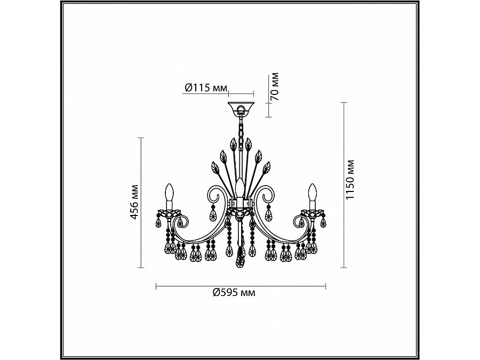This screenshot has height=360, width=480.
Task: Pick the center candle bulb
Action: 240,188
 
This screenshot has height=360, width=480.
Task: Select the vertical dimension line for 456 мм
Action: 141,203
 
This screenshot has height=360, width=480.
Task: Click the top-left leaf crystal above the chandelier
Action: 233,144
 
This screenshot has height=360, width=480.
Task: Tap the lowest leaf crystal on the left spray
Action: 215,170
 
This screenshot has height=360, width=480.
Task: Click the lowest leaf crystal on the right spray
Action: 266,170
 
